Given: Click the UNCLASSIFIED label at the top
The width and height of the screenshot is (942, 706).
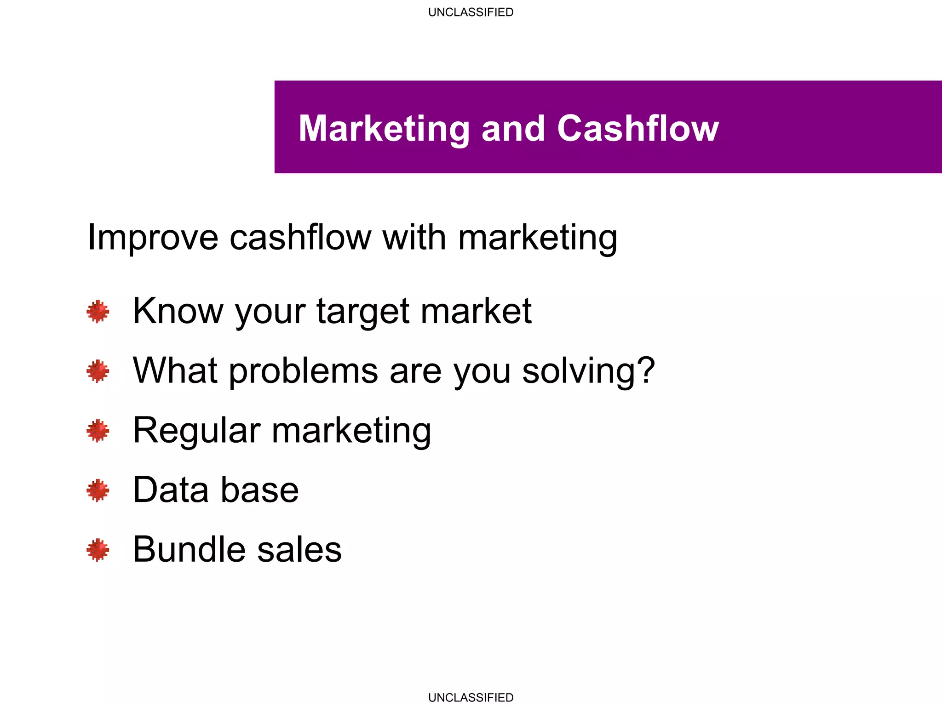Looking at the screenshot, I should (x=471, y=12).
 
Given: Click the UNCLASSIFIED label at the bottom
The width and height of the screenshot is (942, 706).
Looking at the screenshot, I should (x=471, y=697).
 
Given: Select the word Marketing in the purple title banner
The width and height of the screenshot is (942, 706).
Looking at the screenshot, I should (x=384, y=129).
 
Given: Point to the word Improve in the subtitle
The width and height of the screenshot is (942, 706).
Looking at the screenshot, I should (x=153, y=238).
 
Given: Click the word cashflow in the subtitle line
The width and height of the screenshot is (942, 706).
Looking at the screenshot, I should (x=300, y=237).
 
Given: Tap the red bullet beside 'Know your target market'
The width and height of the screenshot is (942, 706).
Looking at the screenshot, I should (x=98, y=312).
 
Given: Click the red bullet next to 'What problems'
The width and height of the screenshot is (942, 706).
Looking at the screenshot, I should (x=98, y=371).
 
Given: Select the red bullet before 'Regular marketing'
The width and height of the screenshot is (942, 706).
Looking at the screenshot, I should (x=98, y=431).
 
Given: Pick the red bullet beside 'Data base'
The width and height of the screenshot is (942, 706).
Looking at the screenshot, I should (x=98, y=490).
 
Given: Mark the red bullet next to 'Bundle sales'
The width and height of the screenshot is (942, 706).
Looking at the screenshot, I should (x=98, y=550).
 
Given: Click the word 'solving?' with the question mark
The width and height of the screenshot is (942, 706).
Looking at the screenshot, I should (x=588, y=371).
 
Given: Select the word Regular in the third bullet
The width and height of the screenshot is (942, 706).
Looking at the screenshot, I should (x=197, y=431).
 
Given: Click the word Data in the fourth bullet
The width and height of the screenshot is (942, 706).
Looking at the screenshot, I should (x=171, y=490).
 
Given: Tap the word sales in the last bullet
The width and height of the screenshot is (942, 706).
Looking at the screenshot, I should (x=299, y=550).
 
